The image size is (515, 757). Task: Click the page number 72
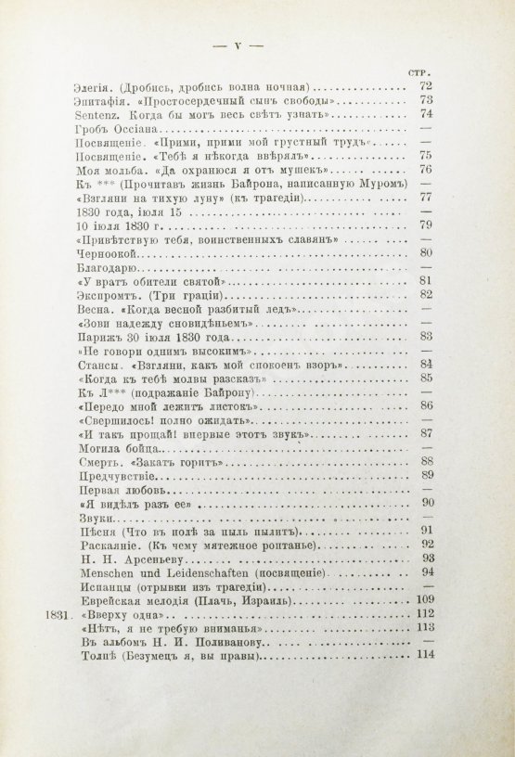(428, 85)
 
